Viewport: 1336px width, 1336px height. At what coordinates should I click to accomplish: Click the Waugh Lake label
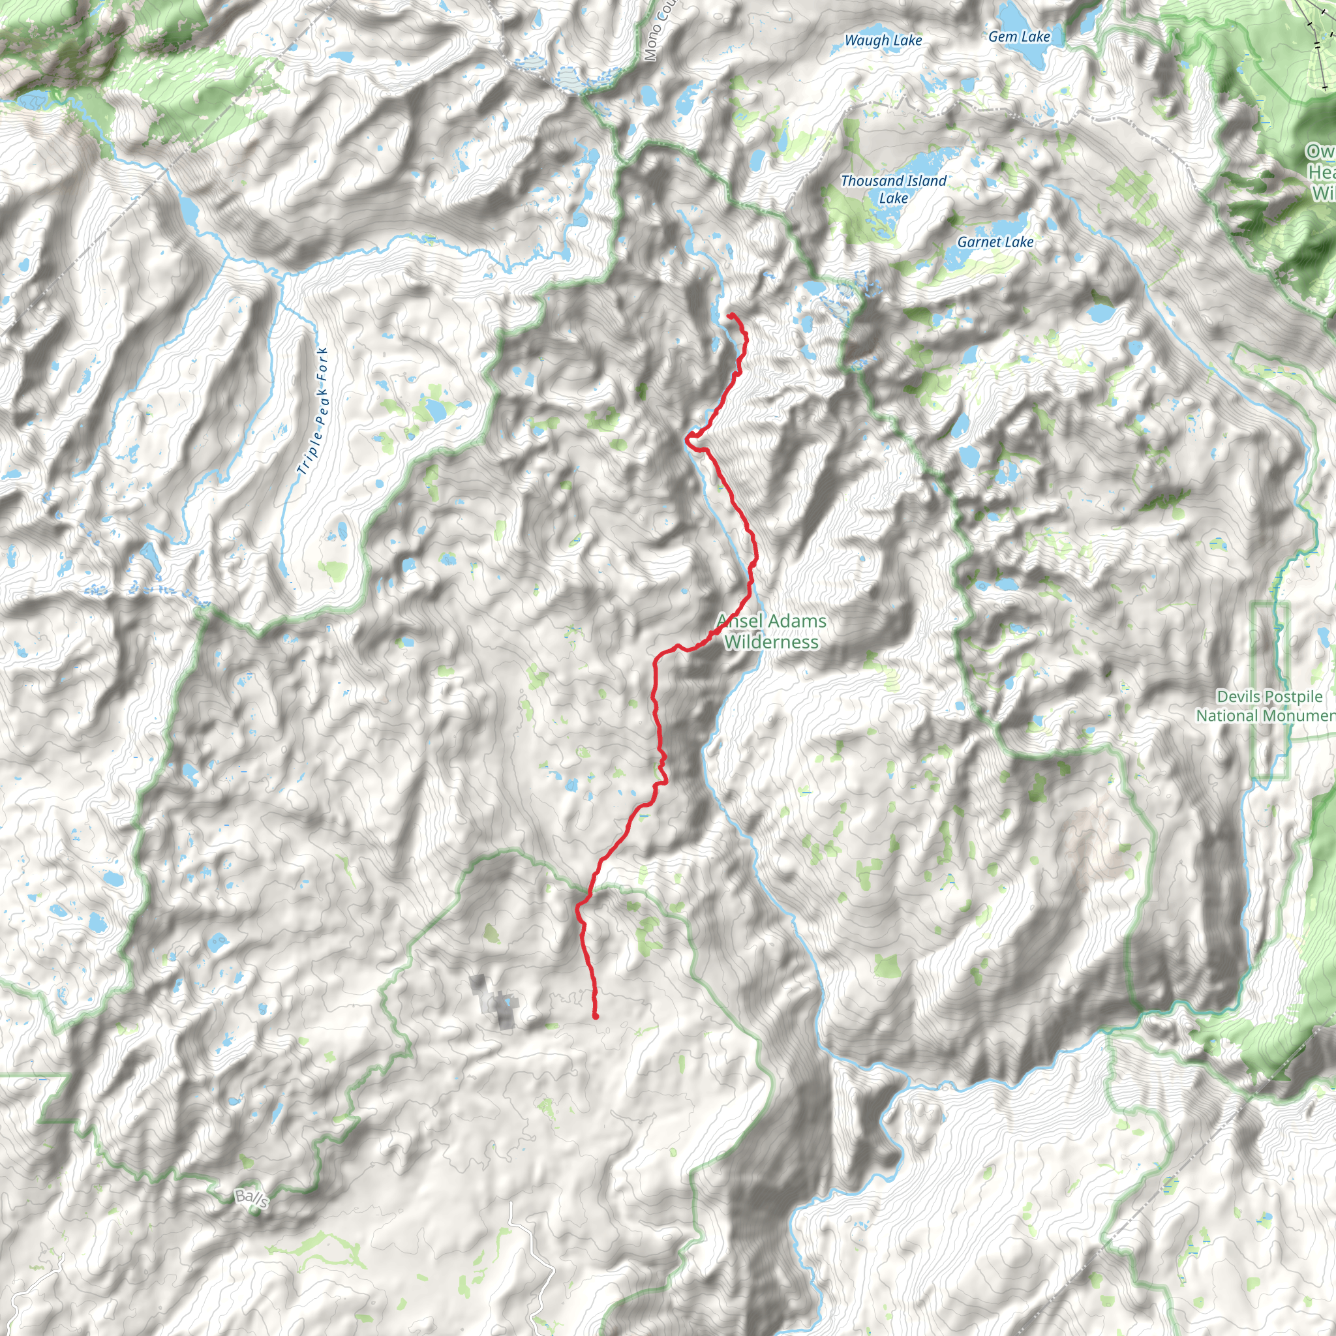(x=883, y=41)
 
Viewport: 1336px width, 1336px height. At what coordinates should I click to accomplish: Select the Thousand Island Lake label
(x=893, y=189)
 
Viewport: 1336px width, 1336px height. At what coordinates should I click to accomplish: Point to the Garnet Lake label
(x=995, y=242)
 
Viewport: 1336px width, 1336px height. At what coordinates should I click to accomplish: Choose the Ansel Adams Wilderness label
(x=771, y=631)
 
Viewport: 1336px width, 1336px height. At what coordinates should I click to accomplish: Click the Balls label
(x=251, y=1198)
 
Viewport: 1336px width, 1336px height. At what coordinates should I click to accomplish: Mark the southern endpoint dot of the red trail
(x=596, y=1016)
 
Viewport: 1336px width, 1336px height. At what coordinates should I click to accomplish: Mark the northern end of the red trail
(x=729, y=316)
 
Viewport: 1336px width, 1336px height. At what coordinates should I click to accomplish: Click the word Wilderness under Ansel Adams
(x=771, y=643)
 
